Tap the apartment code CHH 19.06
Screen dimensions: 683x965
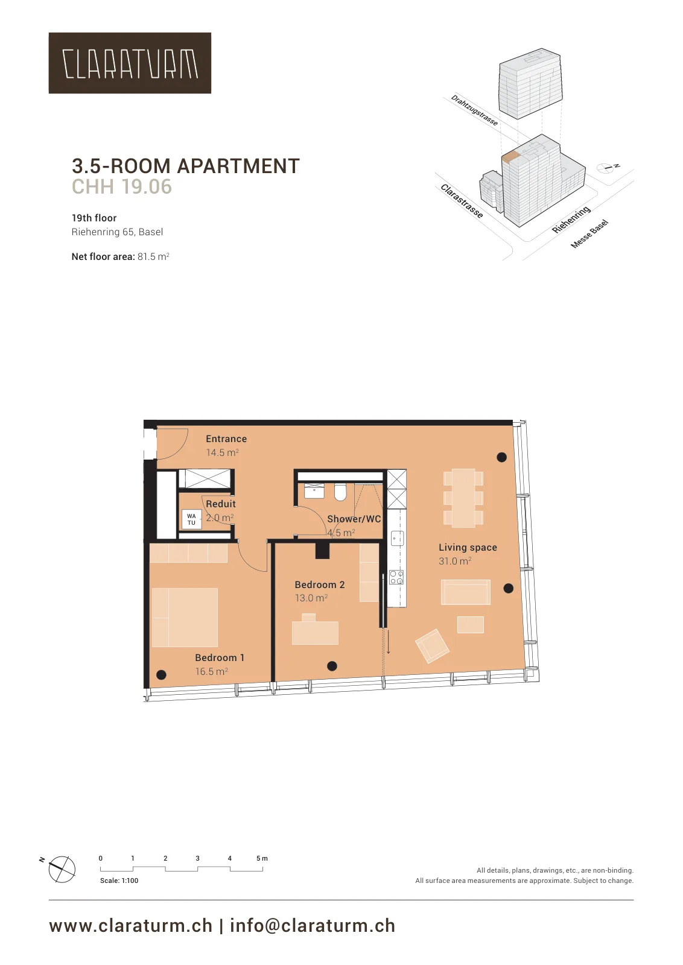coord(121,186)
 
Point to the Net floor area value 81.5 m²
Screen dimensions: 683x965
coord(153,257)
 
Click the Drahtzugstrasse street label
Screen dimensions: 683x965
coord(474,110)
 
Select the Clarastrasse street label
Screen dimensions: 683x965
coord(462,201)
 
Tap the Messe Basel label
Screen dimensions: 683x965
coord(589,234)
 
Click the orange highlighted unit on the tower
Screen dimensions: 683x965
coord(512,157)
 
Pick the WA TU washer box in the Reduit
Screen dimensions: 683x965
coord(191,519)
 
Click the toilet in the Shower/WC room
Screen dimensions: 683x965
coord(340,492)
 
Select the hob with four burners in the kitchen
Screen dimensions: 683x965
coord(396,577)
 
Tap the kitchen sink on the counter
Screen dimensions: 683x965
coord(397,538)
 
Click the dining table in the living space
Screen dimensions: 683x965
coord(463,498)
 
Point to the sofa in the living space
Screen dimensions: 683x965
coord(465,592)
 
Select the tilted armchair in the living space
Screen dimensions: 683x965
coord(432,645)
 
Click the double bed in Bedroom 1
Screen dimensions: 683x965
coord(185,618)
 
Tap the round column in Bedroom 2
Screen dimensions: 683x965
coord(332,666)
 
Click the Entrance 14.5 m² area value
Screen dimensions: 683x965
coord(223,452)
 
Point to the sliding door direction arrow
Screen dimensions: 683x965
coord(388,642)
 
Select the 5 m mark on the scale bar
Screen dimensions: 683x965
coord(262,858)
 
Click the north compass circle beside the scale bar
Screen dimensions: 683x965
coord(62,869)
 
